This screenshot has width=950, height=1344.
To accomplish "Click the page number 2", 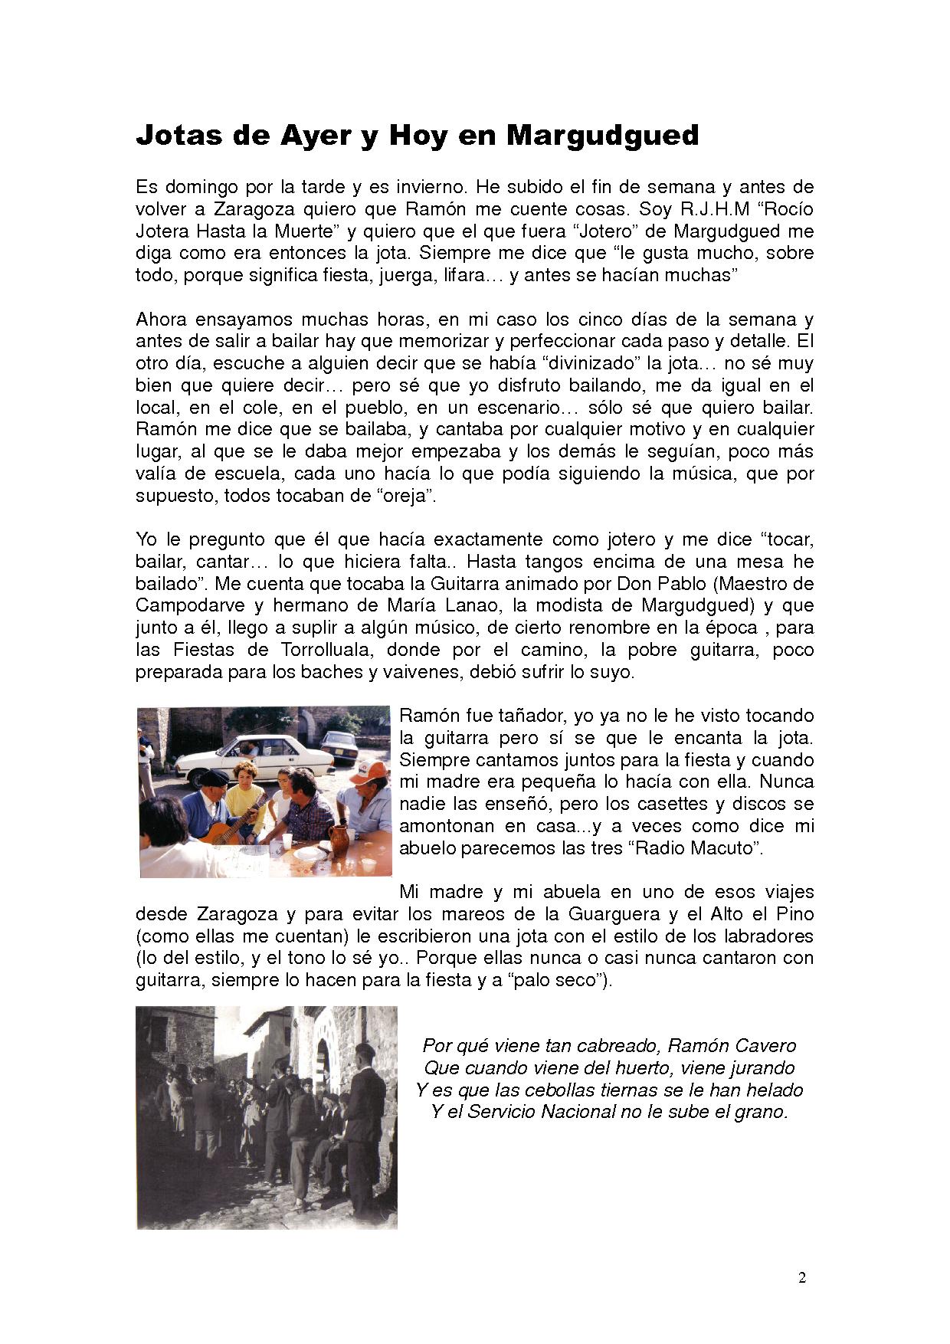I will pos(802,1277).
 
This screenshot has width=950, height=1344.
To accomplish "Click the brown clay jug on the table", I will pos(339,838).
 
